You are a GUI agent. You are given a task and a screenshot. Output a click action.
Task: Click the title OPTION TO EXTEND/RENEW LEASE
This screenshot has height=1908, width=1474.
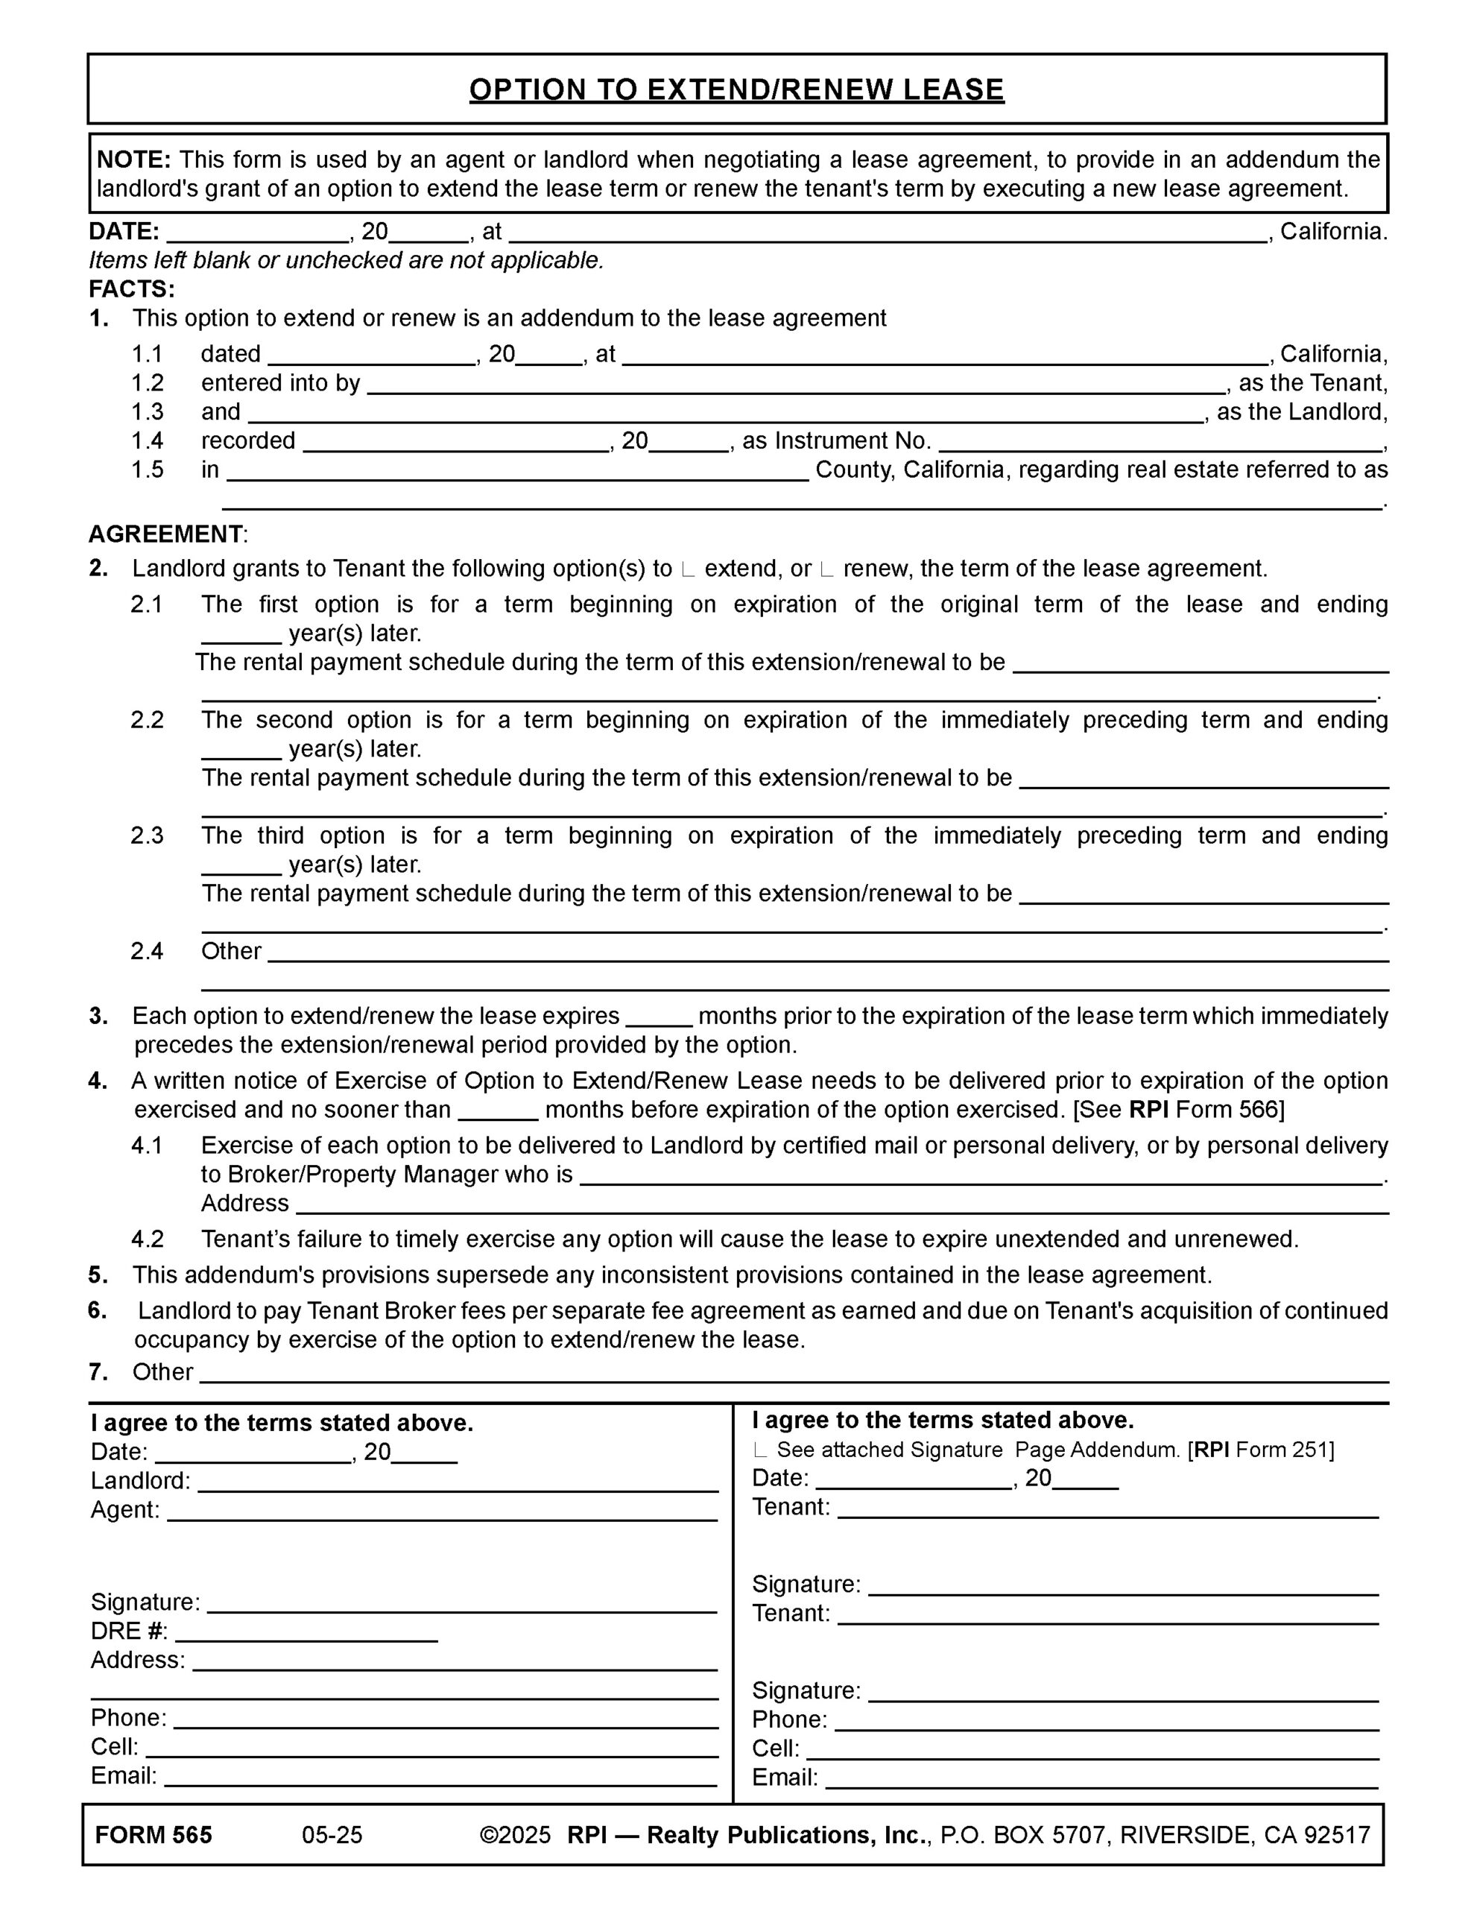point(736,90)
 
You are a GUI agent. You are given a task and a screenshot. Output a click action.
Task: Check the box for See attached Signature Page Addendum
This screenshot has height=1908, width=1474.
point(760,1451)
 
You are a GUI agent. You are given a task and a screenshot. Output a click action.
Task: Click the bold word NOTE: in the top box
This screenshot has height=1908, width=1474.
point(133,160)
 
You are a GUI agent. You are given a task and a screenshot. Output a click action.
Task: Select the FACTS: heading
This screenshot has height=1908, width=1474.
point(132,289)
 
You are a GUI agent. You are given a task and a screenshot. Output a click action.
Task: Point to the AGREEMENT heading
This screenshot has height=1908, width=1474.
point(166,534)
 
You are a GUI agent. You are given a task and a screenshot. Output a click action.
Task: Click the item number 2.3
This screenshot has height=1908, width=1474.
point(147,836)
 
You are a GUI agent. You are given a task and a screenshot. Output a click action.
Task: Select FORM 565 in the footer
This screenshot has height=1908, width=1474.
point(154,1836)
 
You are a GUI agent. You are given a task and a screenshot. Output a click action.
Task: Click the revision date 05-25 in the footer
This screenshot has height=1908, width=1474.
point(332,1836)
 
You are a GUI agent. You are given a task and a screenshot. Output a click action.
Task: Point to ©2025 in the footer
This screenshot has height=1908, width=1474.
point(516,1836)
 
